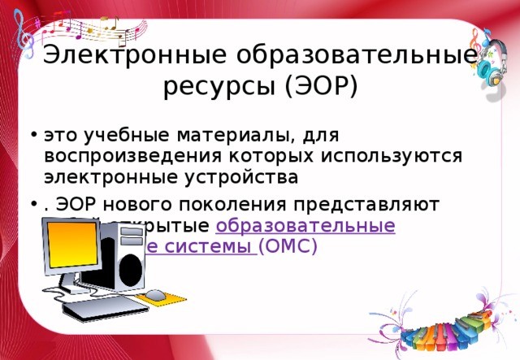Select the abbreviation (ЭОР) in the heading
[320, 85]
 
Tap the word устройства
[243, 176]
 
